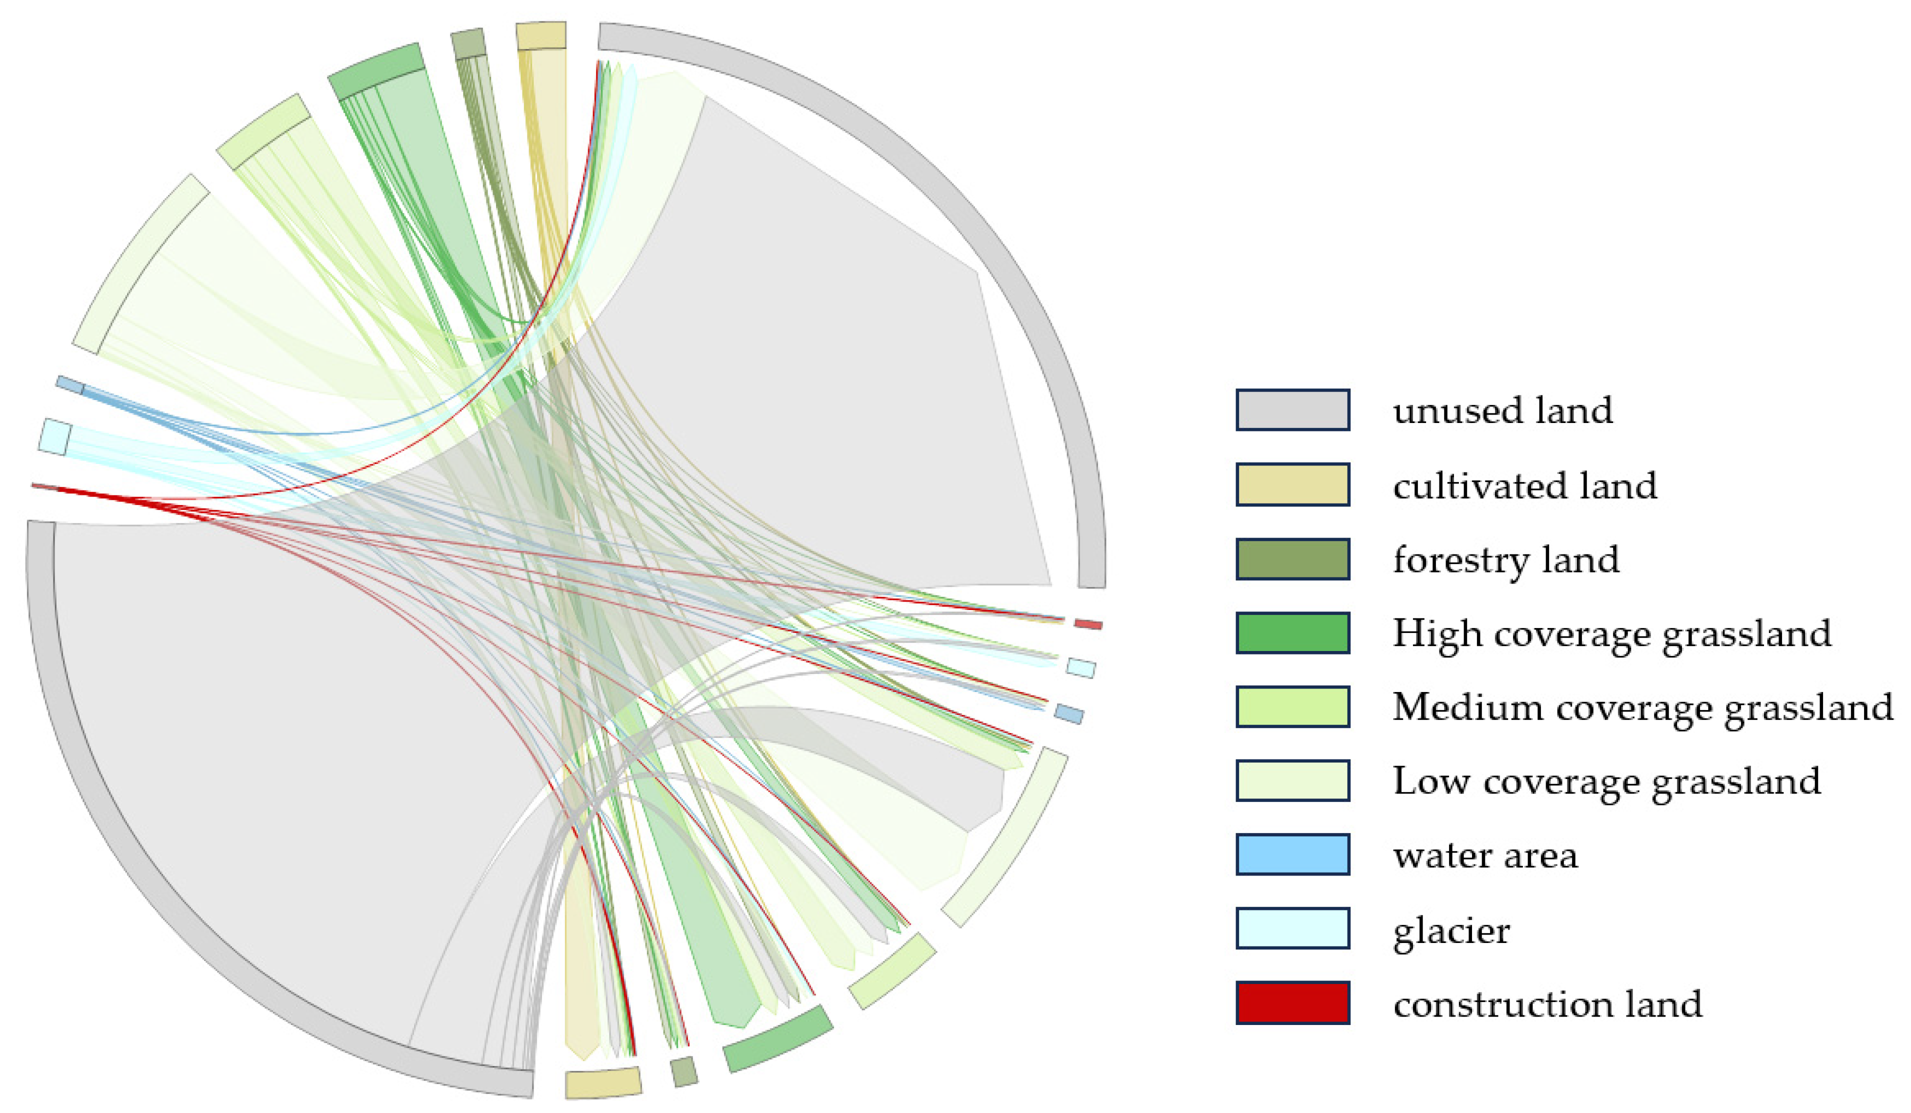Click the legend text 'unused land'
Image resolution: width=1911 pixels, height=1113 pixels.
[x=1502, y=410]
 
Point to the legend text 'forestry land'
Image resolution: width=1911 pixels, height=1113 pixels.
[x=1506, y=559]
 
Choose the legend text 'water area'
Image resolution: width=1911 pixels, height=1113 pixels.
[x=1485, y=855]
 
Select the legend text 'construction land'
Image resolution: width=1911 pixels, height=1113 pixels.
[x=1547, y=1003]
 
